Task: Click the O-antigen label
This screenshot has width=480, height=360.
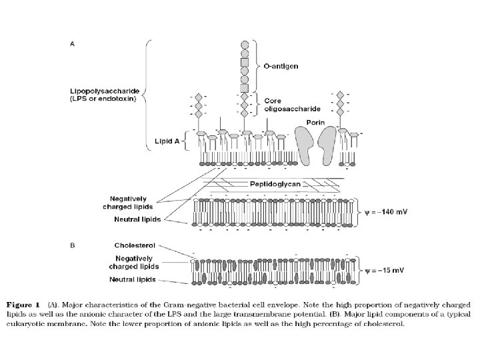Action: click(281, 66)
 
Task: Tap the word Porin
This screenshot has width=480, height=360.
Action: click(315, 122)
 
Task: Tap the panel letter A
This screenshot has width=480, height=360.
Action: click(73, 44)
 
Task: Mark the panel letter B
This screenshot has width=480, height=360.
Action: click(73, 245)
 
